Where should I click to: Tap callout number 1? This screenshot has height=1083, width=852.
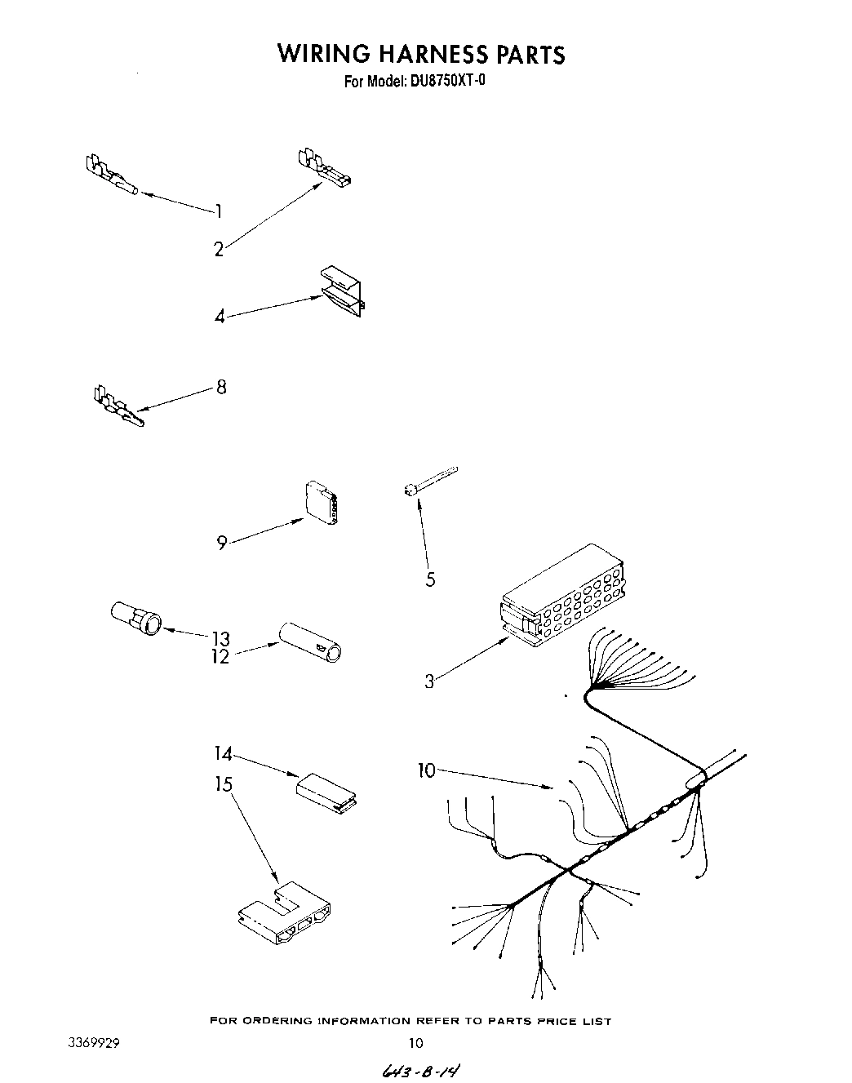tap(219, 211)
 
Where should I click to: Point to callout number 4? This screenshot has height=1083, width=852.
tap(220, 316)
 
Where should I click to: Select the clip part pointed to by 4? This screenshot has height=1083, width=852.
tap(343, 291)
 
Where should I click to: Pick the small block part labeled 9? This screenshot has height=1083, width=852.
tap(320, 504)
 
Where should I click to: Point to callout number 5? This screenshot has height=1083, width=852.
tap(430, 579)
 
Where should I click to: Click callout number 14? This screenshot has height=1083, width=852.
tap(223, 752)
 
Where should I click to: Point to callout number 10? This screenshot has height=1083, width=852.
tap(427, 770)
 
